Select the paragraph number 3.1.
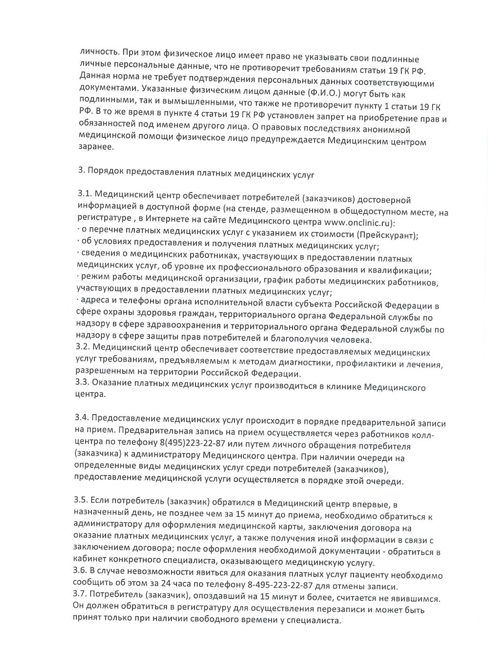point(84,194)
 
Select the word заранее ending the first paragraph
point(96,146)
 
